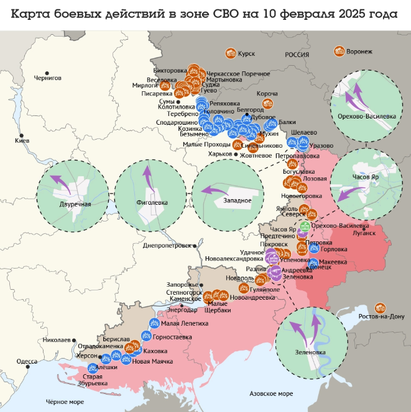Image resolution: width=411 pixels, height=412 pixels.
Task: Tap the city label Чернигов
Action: point(48,78)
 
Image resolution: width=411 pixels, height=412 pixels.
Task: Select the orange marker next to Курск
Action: point(231,53)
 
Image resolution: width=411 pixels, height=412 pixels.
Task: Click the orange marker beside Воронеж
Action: point(339,51)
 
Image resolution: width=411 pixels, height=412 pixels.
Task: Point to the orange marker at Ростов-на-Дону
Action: point(381,307)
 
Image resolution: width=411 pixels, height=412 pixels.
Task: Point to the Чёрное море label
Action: point(64,402)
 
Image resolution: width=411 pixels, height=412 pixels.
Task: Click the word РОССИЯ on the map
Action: point(297,55)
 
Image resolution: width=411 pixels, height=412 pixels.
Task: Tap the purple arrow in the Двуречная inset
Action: point(60,181)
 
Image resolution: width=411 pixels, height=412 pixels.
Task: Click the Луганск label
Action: point(364,233)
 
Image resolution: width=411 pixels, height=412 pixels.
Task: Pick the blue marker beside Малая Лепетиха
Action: point(154,323)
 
